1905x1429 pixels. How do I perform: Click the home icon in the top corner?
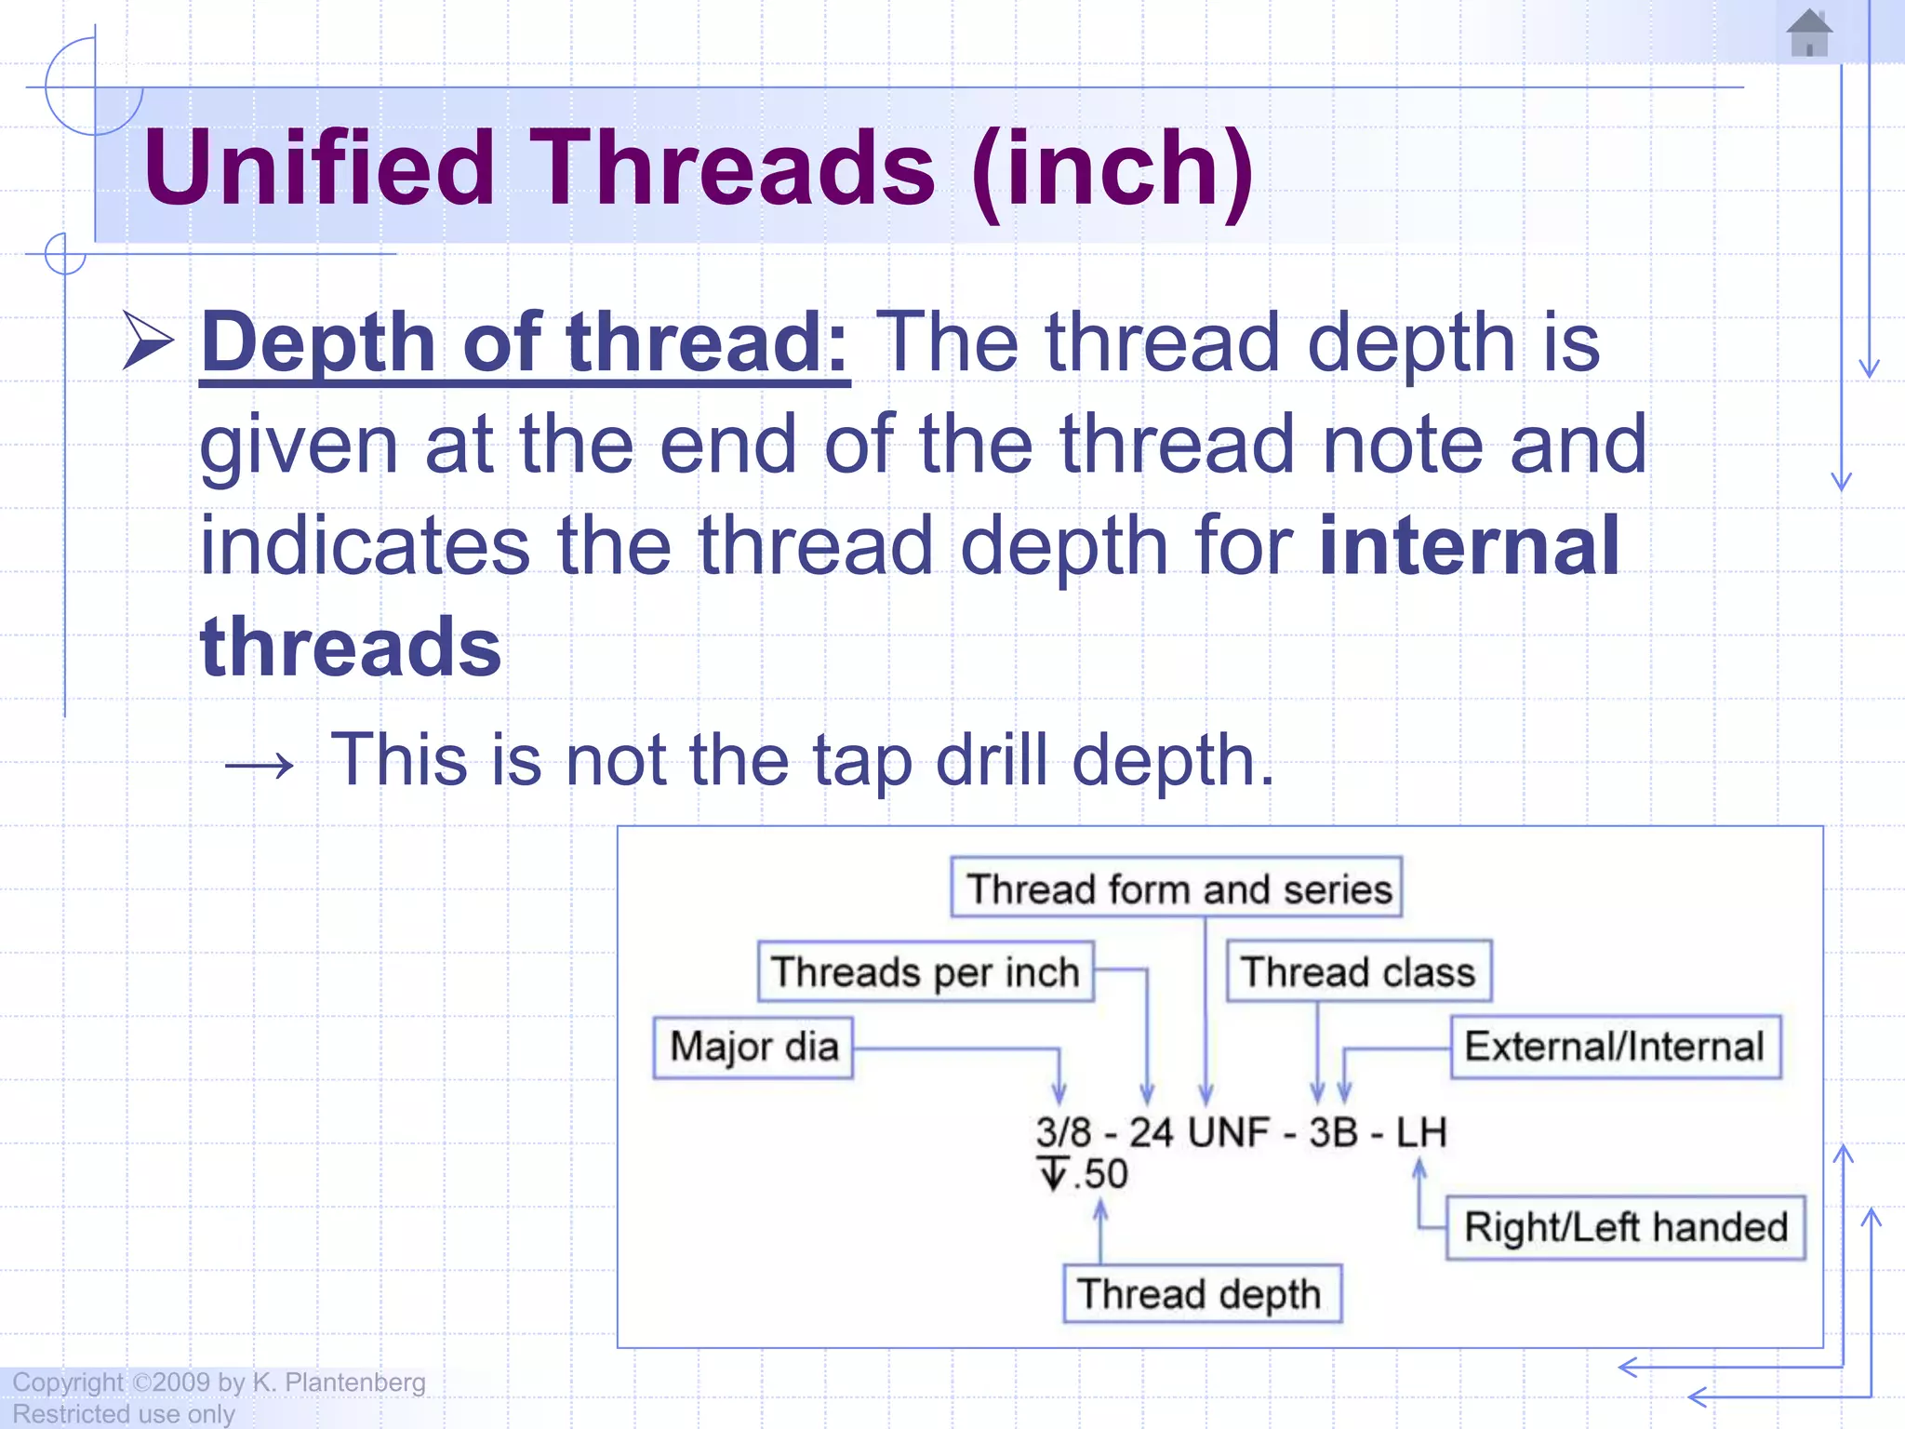coord(1808,34)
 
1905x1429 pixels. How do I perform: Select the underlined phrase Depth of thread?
coord(525,343)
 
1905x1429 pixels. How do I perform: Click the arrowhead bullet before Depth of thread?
coord(149,341)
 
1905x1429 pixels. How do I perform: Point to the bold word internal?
coord(1469,546)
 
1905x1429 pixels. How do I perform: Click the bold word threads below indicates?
coord(351,648)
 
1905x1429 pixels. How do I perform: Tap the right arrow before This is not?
coord(260,766)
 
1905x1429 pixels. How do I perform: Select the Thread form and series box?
coord(1176,888)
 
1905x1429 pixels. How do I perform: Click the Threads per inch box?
coord(925,971)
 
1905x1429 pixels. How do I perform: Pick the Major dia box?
coord(753,1048)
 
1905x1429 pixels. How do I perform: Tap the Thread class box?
coord(1358,971)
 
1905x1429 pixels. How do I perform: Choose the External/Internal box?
coord(1615,1047)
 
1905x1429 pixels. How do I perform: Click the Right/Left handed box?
coord(1625,1227)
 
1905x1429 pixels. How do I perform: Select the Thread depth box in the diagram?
coord(1201,1294)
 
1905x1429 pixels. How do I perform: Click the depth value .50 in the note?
coord(1100,1174)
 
